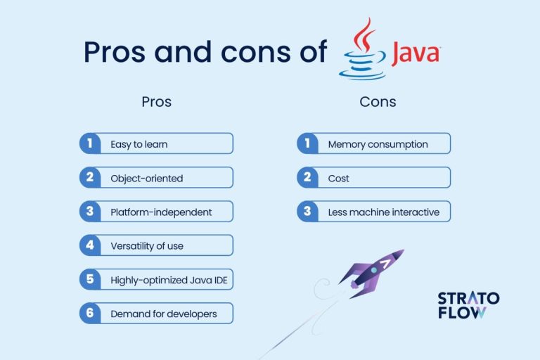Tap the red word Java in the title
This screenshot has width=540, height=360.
coord(415,53)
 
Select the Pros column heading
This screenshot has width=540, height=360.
coord(156,102)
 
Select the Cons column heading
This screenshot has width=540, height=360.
coord(378,102)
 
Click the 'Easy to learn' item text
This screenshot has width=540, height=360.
coord(139,144)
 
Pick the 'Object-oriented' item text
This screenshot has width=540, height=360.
coord(146,178)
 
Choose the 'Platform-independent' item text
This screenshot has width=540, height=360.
coord(161,212)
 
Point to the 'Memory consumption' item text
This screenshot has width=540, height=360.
coord(378,144)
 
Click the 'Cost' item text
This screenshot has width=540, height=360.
coord(338,178)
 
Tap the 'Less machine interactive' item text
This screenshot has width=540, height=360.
coord(384,212)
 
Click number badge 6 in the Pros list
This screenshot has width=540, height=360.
coord(89,314)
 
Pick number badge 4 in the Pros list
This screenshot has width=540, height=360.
coord(89,245)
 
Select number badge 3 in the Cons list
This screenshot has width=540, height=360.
coord(307,212)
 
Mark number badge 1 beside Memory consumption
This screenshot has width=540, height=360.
coord(307,144)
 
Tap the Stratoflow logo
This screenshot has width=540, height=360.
coord(468,305)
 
